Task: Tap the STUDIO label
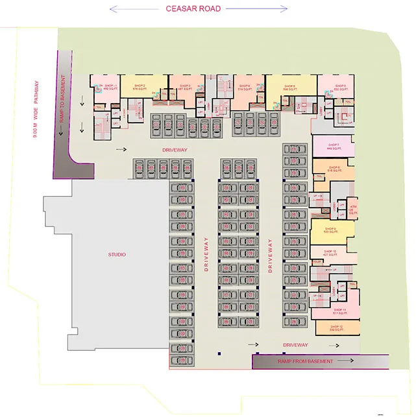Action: pyautogui.click(x=117, y=254)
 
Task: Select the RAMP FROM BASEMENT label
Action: pyautogui.click(x=296, y=361)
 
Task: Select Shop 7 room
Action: pyautogui.click(x=334, y=147)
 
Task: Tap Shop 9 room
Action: pyautogui.click(x=331, y=230)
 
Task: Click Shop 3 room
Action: pyautogui.click(x=184, y=88)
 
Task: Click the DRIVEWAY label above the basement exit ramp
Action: pyautogui.click(x=295, y=345)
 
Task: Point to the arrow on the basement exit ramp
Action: pyautogui.click(x=347, y=361)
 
